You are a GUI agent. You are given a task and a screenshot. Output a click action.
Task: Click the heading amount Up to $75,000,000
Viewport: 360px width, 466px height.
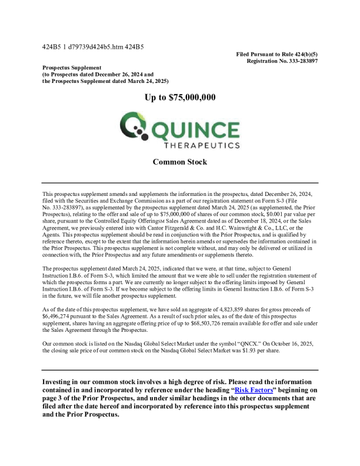click(x=180, y=98)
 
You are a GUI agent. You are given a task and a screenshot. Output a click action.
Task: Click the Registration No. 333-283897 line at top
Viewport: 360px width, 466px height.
click(x=282, y=61)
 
